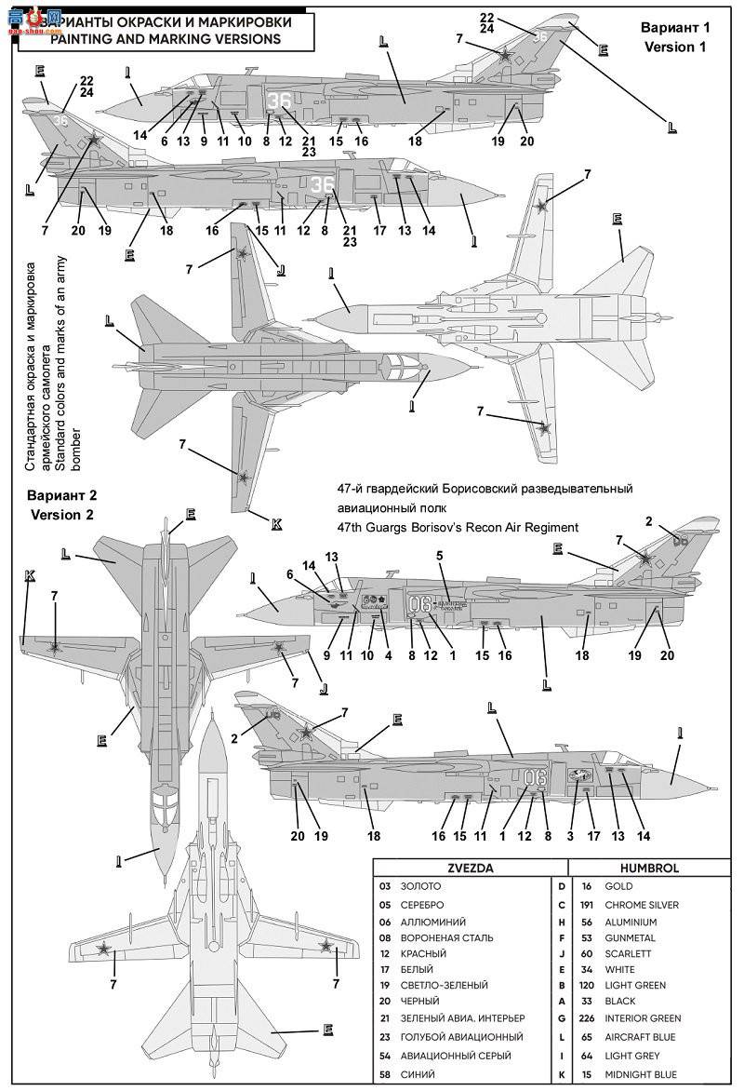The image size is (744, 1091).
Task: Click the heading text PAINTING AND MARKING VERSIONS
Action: tap(165, 39)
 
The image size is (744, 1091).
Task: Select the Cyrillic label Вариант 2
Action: tap(61, 495)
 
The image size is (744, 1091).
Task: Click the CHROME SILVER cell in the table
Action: tap(642, 904)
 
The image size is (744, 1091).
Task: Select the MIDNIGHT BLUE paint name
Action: tap(641, 1074)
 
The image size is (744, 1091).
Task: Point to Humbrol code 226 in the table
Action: tap(587, 1018)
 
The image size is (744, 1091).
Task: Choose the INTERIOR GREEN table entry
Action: tap(643, 1018)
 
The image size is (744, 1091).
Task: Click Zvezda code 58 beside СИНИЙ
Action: tap(385, 1074)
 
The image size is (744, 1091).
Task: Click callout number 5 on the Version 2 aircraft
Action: tap(439, 556)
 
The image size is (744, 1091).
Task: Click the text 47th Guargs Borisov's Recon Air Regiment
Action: tap(458, 528)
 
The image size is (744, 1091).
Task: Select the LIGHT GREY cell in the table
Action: tap(632, 1056)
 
